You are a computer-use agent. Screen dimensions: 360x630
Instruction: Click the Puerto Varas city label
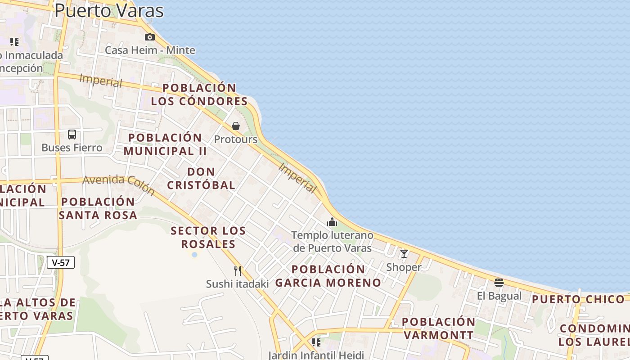tap(108, 10)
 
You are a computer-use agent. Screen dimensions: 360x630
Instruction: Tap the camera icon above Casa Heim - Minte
tap(150, 37)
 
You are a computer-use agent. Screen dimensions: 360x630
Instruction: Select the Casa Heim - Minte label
tap(150, 50)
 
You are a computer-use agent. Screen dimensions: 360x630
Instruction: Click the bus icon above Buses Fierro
tap(72, 134)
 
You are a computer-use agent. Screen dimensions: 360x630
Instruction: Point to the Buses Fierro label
tap(72, 148)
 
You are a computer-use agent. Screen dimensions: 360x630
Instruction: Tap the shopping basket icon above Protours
tap(236, 126)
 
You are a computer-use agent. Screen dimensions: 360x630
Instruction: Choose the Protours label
tap(236, 139)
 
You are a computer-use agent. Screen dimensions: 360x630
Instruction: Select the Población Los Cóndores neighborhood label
tap(199, 94)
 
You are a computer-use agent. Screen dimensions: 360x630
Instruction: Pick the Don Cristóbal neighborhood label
tap(201, 178)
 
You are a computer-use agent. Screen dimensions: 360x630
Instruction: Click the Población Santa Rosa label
tap(98, 208)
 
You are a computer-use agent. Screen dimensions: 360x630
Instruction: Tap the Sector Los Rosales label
tap(208, 238)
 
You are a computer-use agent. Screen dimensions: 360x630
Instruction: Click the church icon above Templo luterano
tap(332, 222)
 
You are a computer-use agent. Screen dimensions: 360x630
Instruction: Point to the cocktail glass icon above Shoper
tap(404, 254)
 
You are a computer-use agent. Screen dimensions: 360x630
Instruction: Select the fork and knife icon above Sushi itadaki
tap(238, 271)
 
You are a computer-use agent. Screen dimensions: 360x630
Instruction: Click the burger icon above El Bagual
tap(499, 283)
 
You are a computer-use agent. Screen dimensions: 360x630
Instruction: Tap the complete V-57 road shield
tap(61, 262)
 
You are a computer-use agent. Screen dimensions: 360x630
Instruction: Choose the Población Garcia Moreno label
tap(328, 276)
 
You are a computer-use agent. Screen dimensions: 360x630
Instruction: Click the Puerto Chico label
tap(578, 299)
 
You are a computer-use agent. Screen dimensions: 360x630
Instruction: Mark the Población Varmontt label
tap(439, 328)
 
